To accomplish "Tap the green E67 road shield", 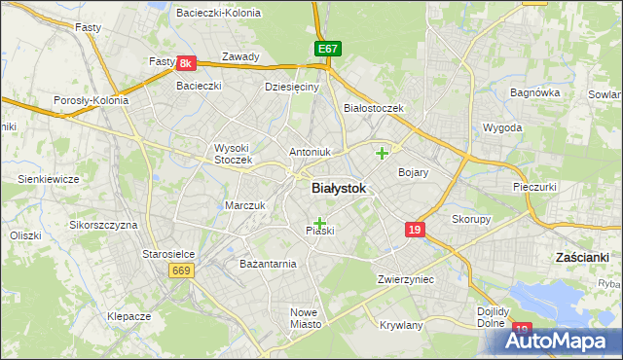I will coord(328,49).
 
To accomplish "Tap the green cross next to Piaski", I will coord(319,223).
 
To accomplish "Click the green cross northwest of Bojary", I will coord(383,152).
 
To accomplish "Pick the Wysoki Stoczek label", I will coord(233,154).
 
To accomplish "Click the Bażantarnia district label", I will coord(268,264).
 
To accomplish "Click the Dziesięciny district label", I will coord(292,87).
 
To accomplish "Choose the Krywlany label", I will coord(402,325).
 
